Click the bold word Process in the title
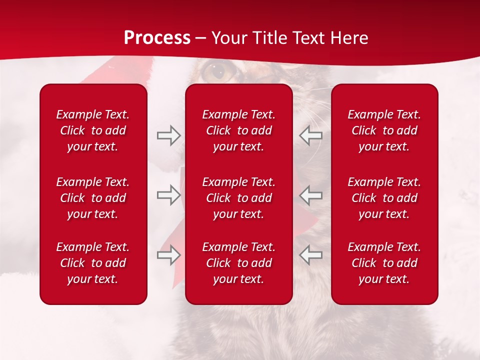click(x=157, y=38)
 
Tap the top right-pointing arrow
click(x=168, y=135)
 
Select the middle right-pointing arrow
click(x=168, y=195)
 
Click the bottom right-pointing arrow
click(x=168, y=255)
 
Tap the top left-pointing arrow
click(x=310, y=135)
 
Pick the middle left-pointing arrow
click(x=310, y=195)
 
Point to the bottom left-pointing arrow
click(x=310, y=255)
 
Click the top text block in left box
click(x=93, y=130)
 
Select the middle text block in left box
click(x=93, y=198)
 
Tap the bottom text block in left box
click(x=93, y=263)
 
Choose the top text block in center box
click(x=239, y=130)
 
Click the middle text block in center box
click(x=239, y=198)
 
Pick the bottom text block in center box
click(x=239, y=263)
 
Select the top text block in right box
click(x=384, y=130)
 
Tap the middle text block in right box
click(x=384, y=198)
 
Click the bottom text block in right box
click(x=384, y=263)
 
